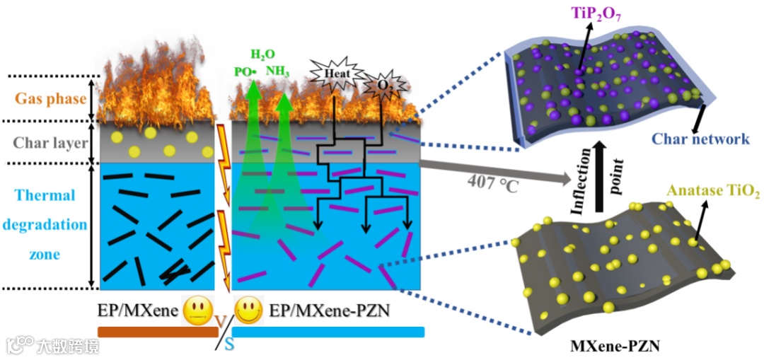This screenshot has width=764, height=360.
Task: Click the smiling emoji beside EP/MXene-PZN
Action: coord(245,309)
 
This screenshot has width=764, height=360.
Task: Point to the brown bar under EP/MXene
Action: coord(158,332)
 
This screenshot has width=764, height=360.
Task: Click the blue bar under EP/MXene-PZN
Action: coord(328,332)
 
